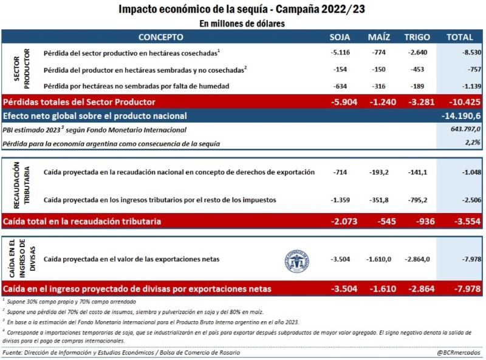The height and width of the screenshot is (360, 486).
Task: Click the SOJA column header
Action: tap(340, 37)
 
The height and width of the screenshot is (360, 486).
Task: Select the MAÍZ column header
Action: tap(378, 37)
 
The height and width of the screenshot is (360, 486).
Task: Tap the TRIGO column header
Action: tap(417, 37)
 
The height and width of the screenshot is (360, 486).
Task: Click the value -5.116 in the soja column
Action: tap(340, 53)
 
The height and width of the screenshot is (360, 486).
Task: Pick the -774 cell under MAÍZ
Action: tap(379, 53)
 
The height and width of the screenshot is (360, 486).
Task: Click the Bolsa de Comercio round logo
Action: tap(296, 259)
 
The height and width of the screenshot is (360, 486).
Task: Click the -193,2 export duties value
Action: tap(378, 172)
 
